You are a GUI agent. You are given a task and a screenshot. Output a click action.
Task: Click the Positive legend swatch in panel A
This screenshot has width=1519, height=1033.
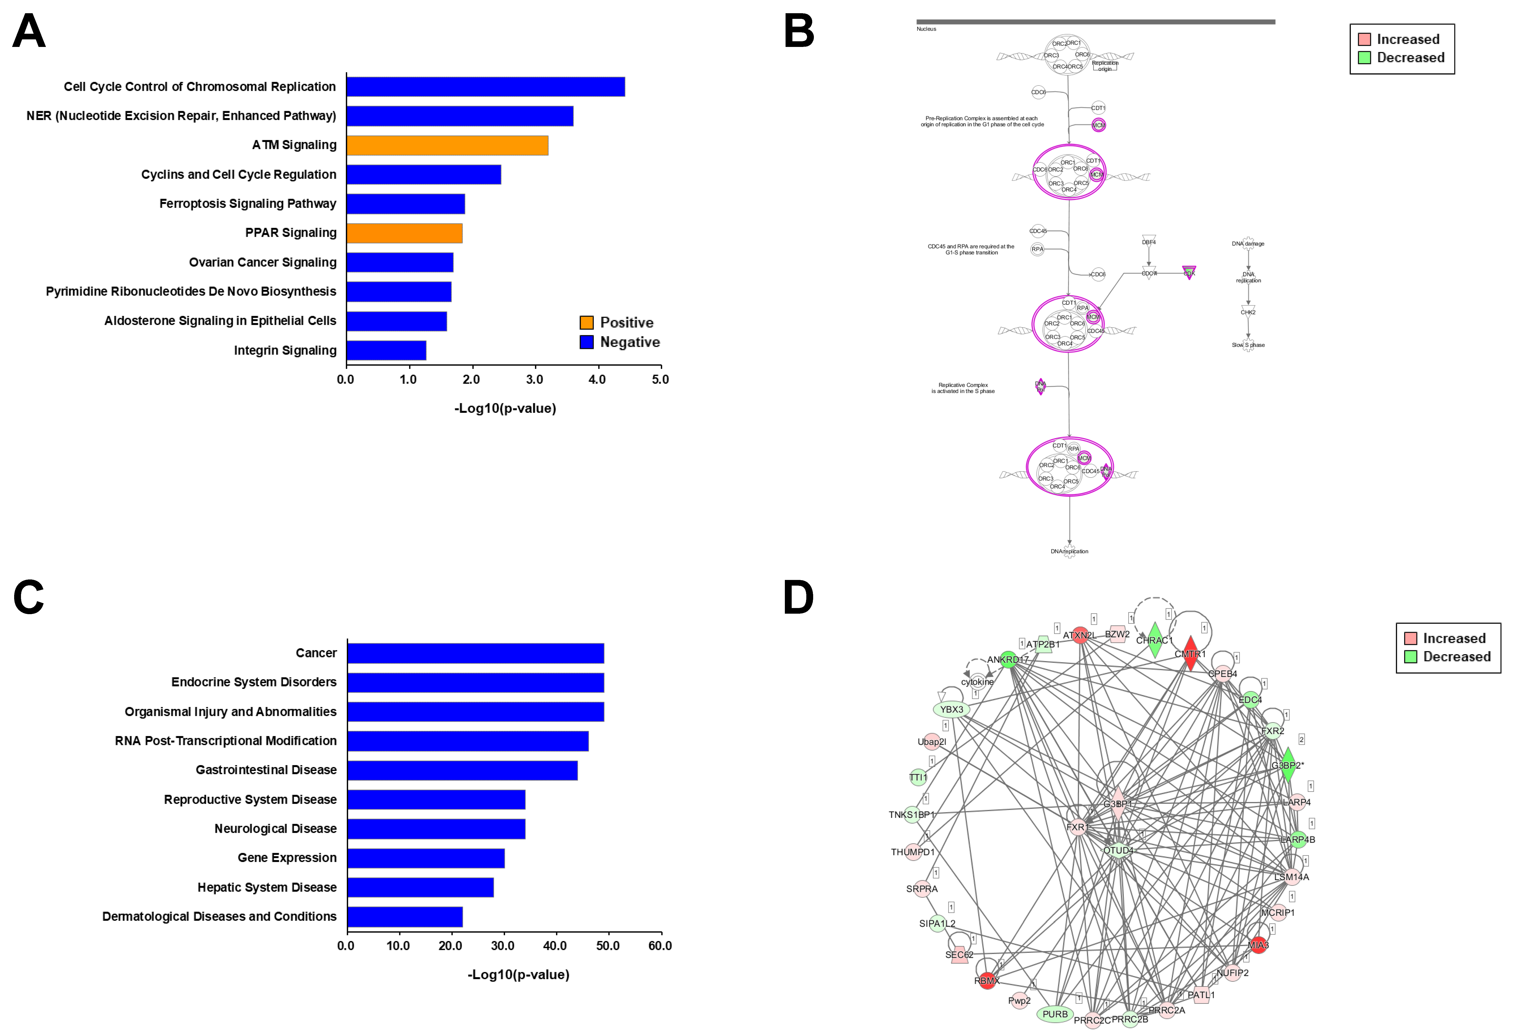pos(586,322)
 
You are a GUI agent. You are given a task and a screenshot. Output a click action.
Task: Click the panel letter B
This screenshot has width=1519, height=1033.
pos(799,31)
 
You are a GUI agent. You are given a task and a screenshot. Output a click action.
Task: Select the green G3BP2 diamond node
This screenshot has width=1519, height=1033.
pos(1287,765)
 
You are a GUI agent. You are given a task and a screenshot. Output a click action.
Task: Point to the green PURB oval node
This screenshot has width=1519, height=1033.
pos(1055,1014)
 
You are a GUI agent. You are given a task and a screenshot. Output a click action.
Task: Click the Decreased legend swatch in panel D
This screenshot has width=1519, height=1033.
pos(1411,656)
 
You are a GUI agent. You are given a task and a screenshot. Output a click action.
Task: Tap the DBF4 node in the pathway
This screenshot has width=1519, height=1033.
pos(1149,241)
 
